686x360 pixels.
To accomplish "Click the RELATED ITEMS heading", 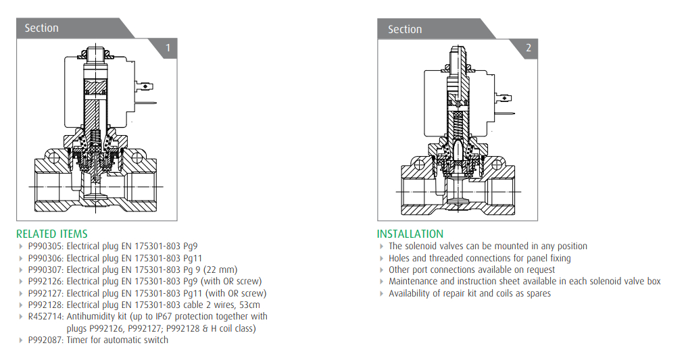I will [52, 234].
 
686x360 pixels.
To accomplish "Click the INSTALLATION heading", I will [410, 234].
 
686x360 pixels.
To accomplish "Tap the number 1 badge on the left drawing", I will [168, 48].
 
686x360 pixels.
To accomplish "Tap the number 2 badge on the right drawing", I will [529, 48].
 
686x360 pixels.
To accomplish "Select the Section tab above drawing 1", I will [42, 28].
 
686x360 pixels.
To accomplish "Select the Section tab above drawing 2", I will [405, 30].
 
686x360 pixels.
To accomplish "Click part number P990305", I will [45, 247].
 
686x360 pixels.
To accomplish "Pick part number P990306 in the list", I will [45, 258].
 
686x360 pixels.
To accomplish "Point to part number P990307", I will [45, 269].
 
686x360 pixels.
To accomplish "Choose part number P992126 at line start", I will [45, 281].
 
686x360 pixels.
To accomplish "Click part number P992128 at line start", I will [45, 305].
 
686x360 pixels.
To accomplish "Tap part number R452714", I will [45, 316].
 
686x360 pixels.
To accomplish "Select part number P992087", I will [45, 340].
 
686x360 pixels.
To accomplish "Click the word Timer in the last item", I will [78, 340].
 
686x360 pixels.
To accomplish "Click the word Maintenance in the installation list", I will [414, 281].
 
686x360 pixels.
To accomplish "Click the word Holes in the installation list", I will [399, 258].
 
